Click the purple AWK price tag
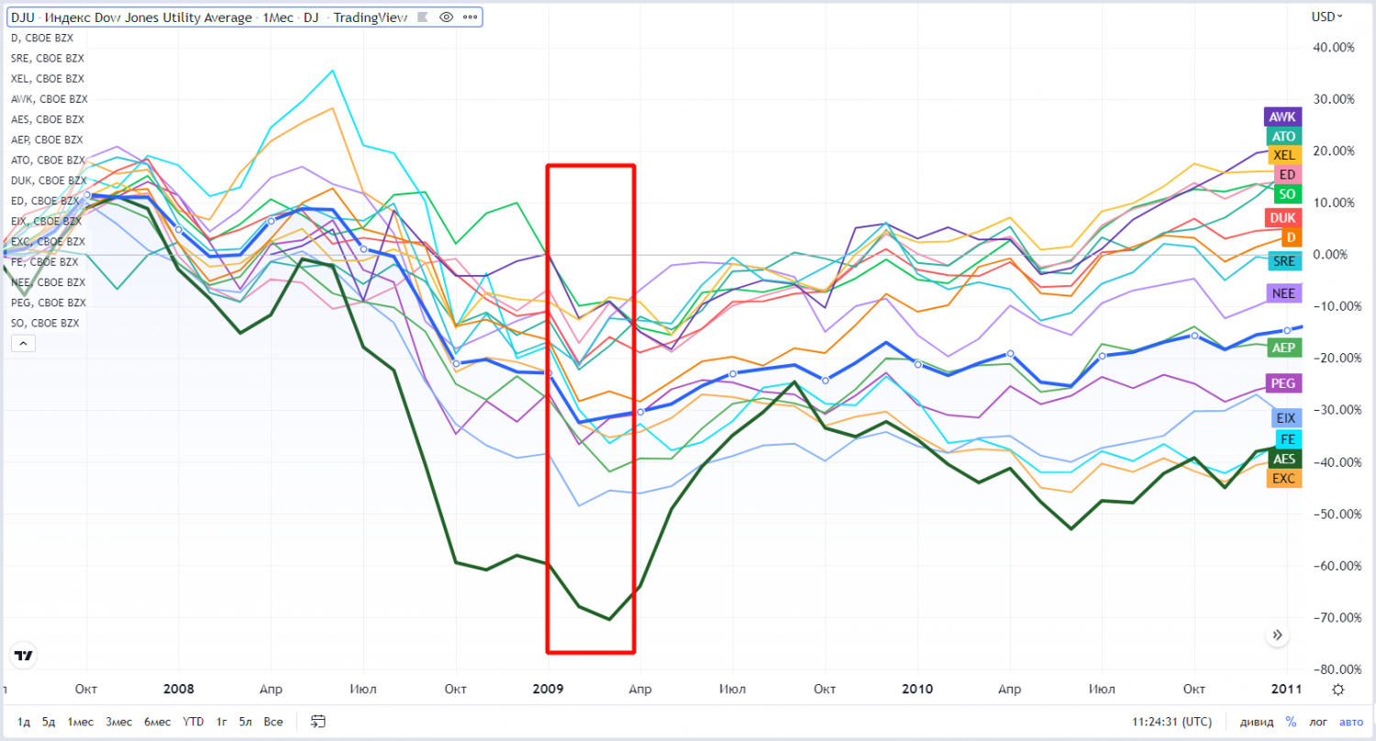(x=1282, y=117)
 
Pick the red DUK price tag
(x=1282, y=218)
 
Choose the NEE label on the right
(x=1282, y=293)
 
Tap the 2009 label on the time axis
(x=548, y=689)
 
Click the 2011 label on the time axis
(x=1285, y=689)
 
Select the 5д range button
(x=49, y=722)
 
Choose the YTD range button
(x=193, y=722)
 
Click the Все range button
(x=273, y=722)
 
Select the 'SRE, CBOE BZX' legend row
(x=48, y=59)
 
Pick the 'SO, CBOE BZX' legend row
(x=44, y=323)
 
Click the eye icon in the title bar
(x=447, y=17)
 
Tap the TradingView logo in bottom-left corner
(x=24, y=657)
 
